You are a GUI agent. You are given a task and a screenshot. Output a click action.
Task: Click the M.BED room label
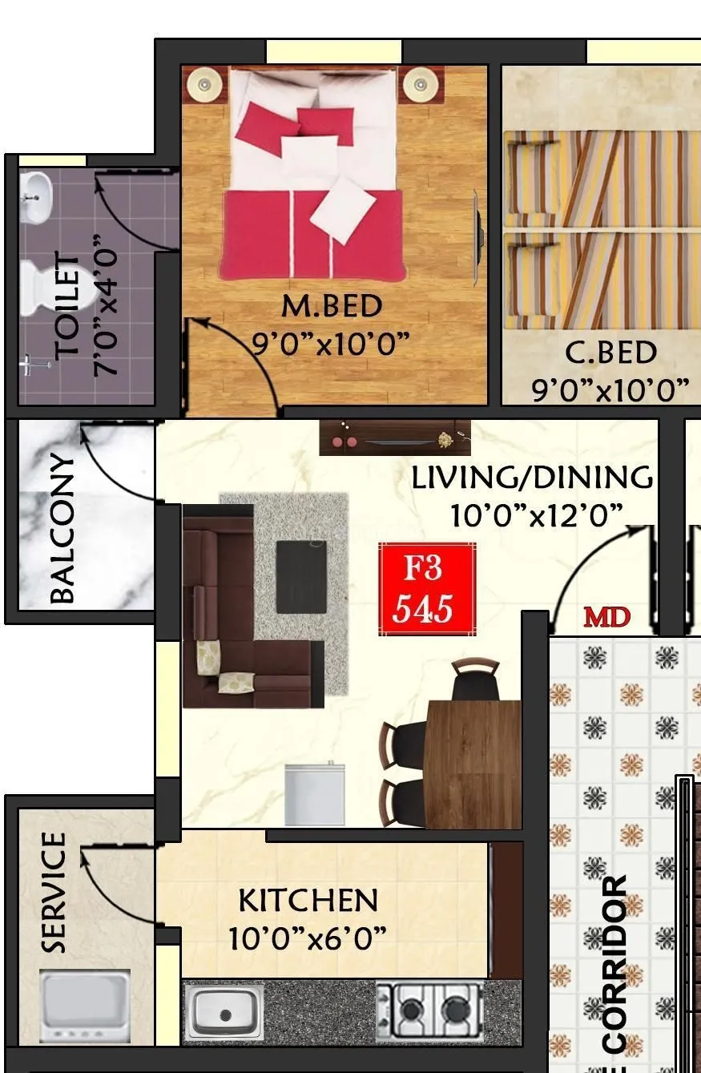tap(332, 305)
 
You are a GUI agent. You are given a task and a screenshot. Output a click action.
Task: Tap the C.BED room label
tap(610, 353)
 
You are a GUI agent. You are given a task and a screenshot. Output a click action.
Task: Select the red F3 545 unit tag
tap(427, 588)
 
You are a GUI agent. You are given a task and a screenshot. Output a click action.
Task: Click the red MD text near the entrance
tap(606, 617)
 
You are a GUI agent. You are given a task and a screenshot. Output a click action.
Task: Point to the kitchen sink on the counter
tap(224, 1012)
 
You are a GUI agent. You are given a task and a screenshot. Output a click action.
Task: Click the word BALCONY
tap(62, 529)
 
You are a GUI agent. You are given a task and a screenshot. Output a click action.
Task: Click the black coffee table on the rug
tap(301, 577)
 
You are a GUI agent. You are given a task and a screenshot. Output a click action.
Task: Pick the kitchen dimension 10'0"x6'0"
tap(308, 938)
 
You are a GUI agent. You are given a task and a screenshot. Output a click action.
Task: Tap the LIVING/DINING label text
tap(532, 478)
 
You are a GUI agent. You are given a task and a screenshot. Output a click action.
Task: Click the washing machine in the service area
tap(85, 1006)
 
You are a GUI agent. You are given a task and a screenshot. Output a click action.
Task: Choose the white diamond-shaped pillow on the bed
tap(343, 209)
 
